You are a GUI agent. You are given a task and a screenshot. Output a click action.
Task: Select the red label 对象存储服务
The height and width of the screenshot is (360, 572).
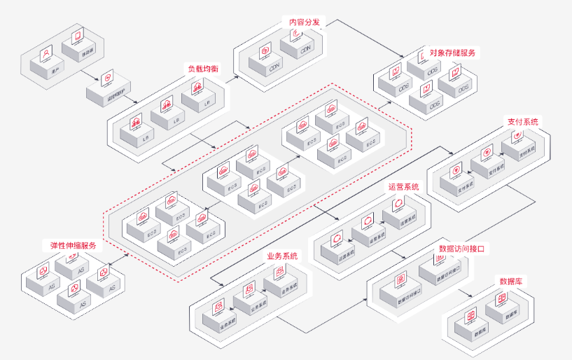[x=453, y=53]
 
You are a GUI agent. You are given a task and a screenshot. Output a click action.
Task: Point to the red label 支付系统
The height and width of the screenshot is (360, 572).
[x=523, y=121]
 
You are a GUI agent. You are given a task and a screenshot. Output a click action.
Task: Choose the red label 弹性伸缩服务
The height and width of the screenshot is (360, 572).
[x=73, y=246]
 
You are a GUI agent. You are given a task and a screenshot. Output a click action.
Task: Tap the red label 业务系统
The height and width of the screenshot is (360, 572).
[x=282, y=256]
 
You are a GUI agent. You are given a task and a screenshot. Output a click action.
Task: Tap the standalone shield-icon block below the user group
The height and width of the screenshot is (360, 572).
[x=107, y=88]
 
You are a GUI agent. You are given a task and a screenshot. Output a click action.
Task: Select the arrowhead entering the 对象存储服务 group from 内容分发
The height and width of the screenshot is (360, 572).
[x=400, y=57]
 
